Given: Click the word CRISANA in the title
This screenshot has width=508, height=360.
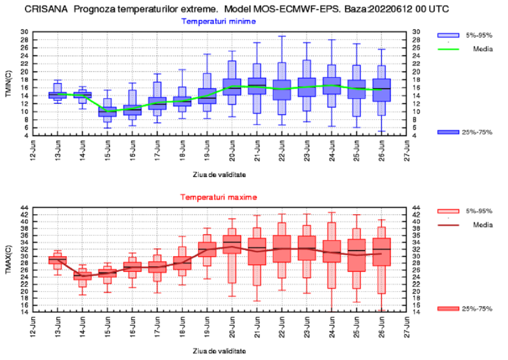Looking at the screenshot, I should coord(46,8).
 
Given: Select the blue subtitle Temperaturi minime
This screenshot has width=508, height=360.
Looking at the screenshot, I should coord(218,21).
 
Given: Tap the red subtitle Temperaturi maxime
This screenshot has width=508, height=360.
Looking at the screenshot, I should coord(218,197).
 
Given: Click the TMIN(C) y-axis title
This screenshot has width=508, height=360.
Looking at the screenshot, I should coord(8,83).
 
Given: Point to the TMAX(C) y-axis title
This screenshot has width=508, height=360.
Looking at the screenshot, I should coord(8,259).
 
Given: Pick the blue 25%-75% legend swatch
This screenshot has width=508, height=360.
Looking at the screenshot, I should coord(448,133).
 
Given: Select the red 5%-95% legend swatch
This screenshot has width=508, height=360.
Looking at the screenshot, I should coord(448,211).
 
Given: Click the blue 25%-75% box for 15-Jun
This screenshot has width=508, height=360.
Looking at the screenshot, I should coord(107,112).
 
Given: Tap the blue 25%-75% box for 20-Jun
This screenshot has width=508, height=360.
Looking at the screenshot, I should coord(232,87).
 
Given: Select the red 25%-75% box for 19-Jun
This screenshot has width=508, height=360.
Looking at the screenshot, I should coord(207,249).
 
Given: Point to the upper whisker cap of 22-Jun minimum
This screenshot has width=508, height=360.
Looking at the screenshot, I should coord(282,36).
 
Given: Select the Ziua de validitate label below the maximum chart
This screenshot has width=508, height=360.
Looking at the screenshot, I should coord(219,351).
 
